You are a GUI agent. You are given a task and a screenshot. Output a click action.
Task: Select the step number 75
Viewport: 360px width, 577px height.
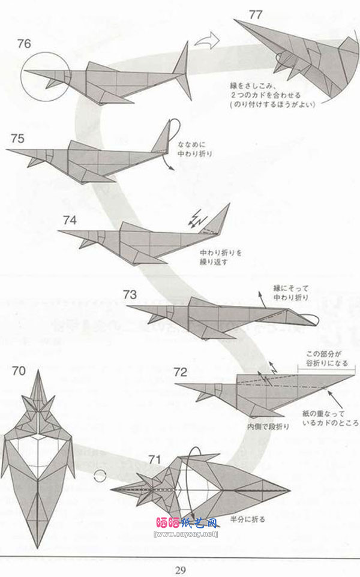[x=17, y=139]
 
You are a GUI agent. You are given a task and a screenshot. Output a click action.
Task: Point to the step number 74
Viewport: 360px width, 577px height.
[x=69, y=220]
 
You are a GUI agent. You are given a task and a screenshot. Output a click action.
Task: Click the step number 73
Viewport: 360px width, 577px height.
[x=130, y=294]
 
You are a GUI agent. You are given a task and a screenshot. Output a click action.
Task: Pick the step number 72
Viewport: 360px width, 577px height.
[x=181, y=371]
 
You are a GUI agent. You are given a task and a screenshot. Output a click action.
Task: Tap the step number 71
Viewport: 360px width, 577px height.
[x=155, y=459]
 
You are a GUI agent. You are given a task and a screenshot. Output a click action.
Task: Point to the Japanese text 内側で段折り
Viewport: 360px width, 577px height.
[x=268, y=426]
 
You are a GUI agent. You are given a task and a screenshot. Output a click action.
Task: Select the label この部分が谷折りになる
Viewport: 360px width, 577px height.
[x=324, y=357]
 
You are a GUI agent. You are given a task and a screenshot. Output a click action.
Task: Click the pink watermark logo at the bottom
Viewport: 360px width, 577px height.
[x=187, y=523]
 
